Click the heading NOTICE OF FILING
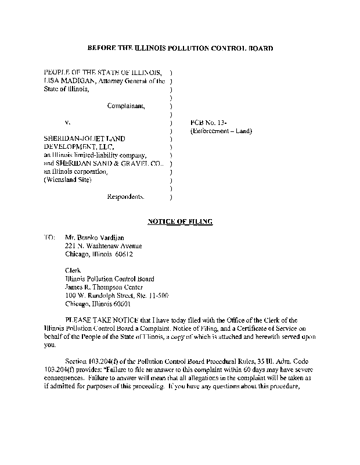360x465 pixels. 179,221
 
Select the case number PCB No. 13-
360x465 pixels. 204,123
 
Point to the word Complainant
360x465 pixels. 127,106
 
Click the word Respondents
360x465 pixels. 126,197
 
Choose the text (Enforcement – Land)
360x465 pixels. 221,131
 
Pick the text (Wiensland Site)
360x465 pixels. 67,180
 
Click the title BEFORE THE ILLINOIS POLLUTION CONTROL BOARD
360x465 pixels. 179,46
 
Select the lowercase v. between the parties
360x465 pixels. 67,123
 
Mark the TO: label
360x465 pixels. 49,237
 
